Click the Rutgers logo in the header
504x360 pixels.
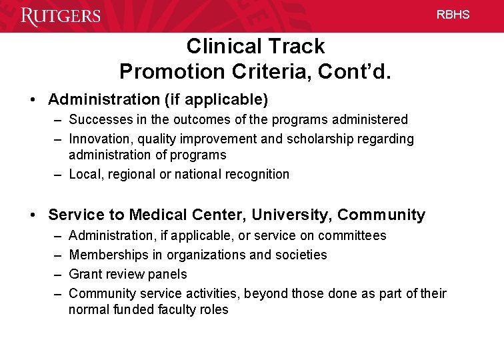[61, 15]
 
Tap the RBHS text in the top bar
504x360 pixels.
[453, 15]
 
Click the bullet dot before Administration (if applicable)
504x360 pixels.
[32, 100]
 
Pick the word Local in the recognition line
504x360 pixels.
[84, 174]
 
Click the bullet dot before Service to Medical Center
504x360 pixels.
[32, 215]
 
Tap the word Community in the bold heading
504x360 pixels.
[381, 215]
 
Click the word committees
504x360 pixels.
[352, 235]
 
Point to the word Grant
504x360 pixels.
[85, 274]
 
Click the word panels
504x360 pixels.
[169, 274]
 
